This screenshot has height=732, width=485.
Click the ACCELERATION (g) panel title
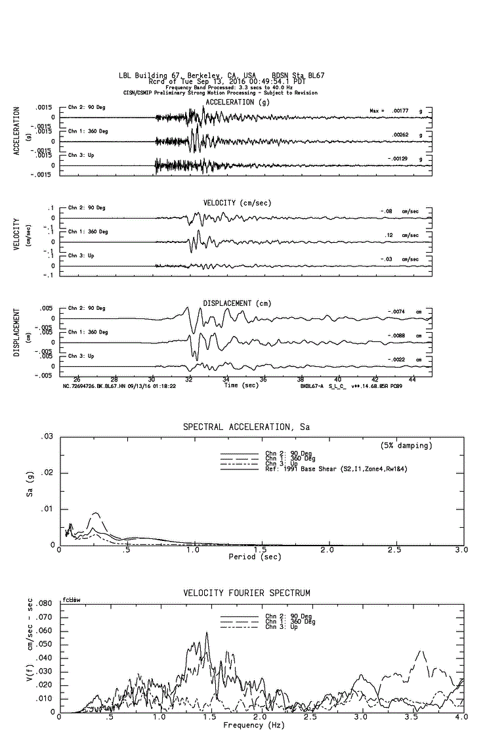[237, 102]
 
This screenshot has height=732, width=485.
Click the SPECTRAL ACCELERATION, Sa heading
[246, 427]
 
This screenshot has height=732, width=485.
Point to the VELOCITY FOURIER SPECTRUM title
[246, 593]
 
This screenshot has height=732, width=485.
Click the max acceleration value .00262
[400, 135]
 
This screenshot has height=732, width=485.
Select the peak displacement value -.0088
[396, 335]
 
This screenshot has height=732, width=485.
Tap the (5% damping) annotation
[406, 445]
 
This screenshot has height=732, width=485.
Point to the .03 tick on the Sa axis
[47, 437]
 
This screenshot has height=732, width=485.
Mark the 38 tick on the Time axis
[301, 379]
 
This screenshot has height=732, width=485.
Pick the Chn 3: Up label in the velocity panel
[81, 256]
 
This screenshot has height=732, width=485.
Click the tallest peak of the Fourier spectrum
[207, 633]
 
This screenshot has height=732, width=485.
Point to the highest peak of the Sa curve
[96, 513]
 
